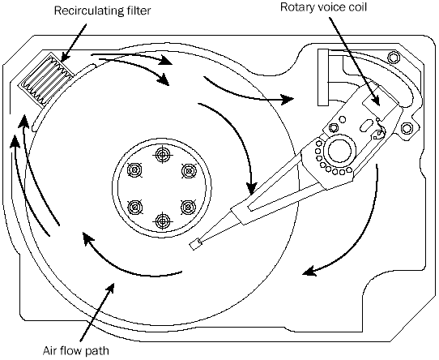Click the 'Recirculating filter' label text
pos(102,11)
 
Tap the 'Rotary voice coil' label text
pos(323,7)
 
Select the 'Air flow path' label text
pos(76,350)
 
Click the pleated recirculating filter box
pos(46,80)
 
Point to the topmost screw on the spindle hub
pos(162,155)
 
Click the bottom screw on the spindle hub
pos(163,221)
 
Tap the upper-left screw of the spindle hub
pos(134,170)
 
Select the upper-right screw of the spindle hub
pos(190,171)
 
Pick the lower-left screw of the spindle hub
pos(134,207)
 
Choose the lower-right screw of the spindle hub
pos(188,207)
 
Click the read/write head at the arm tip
pos(195,245)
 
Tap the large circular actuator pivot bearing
pos(339,150)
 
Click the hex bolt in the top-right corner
pos(394,58)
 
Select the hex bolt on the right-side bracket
pos(407,128)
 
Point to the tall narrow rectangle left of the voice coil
pos(323,77)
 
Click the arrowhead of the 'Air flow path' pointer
pos(110,288)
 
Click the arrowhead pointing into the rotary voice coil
pos(375,100)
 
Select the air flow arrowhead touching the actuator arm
pos(251,188)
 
